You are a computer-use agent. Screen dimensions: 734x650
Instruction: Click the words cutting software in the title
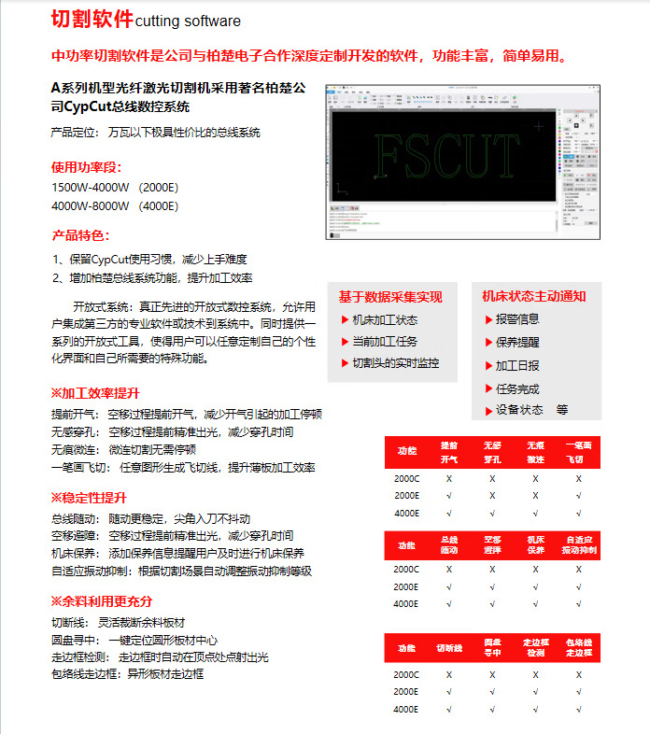188,21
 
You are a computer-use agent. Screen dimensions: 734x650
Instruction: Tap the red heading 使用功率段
86,167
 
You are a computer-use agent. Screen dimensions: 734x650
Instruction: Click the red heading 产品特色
80,235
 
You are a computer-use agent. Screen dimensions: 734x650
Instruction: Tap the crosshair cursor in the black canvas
538,125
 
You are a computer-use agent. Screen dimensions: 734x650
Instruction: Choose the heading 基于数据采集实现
390,297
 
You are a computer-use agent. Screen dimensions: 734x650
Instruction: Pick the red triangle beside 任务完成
487,388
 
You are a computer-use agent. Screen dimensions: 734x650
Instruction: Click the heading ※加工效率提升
94,393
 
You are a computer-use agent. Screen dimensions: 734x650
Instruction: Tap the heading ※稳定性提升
88,498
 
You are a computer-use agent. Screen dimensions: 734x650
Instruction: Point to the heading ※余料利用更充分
101,600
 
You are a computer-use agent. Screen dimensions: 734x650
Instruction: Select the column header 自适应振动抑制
579,545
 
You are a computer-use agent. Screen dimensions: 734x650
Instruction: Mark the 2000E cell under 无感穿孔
492,495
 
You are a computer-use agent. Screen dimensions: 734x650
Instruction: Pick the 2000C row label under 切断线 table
406,674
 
